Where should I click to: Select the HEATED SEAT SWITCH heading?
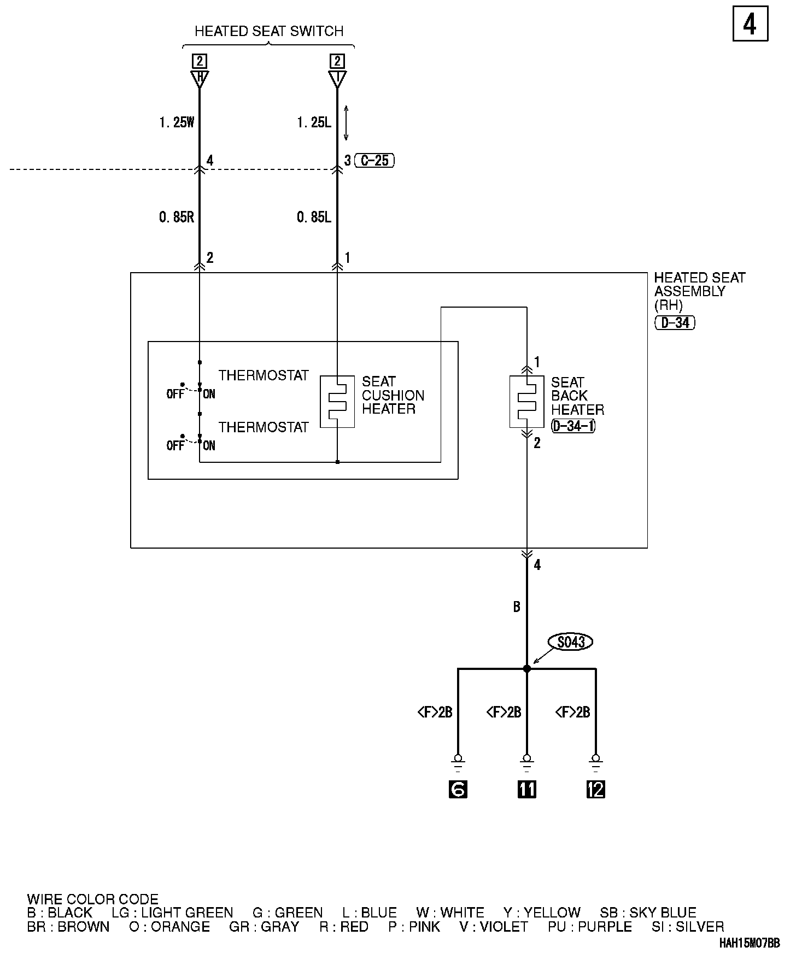pyautogui.click(x=269, y=31)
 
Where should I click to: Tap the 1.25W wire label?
pyautogui.click(x=177, y=122)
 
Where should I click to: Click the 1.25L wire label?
pyautogui.click(x=314, y=122)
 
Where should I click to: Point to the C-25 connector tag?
pyautogui.click(x=374, y=161)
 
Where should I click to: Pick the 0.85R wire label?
pyautogui.click(x=177, y=217)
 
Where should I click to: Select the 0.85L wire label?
pyautogui.click(x=314, y=217)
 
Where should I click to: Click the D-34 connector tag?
pyautogui.click(x=675, y=322)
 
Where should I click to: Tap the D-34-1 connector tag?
pyautogui.click(x=573, y=426)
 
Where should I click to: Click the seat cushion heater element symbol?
pyautogui.click(x=337, y=402)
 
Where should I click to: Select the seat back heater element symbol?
pyautogui.click(x=526, y=402)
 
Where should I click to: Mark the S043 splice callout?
pyautogui.click(x=571, y=642)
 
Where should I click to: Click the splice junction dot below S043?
pyautogui.click(x=526, y=668)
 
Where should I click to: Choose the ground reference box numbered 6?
pyautogui.click(x=458, y=789)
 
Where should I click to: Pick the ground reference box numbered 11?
pyautogui.click(x=526, y=789)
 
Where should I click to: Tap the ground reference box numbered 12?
pyautogui.click(x=595, y=789)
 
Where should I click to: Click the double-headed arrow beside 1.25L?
pyautogui.click(x=346, y=122)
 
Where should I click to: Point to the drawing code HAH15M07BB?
pyautogui.click(x=749, y=943)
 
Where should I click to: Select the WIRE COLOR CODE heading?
pyautogui.click(x=92, y=899)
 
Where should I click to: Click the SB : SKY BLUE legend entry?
pyautogui.click(x=648, y=913)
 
